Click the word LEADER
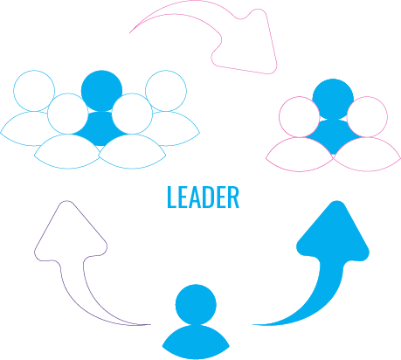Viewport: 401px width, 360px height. coord(204,197)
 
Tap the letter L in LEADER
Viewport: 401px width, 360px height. coord(172,197)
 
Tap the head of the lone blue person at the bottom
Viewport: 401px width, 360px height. coord(196,305)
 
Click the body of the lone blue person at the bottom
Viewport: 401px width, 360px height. coord(196,343)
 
